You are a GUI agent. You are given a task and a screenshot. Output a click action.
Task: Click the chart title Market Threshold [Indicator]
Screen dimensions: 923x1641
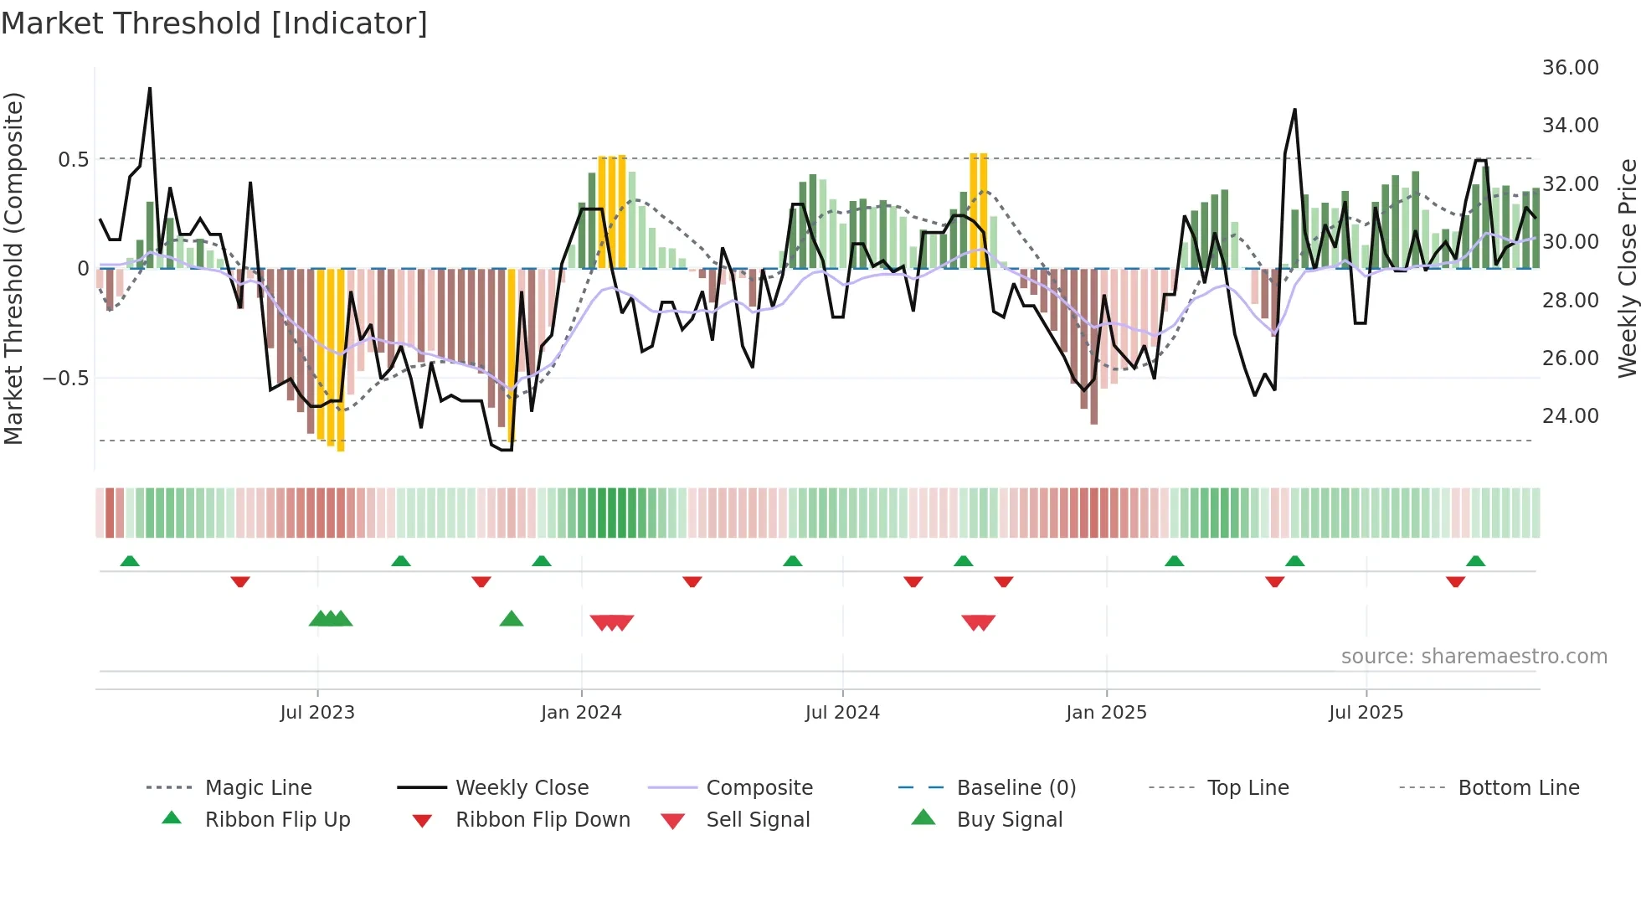(214, 23)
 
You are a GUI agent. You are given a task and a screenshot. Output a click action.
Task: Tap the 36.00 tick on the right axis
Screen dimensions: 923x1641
(1570, 68)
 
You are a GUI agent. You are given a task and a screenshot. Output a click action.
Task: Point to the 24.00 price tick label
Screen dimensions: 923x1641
(1570, 416)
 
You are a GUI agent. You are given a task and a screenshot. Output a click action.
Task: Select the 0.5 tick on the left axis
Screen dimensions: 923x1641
(73, 159)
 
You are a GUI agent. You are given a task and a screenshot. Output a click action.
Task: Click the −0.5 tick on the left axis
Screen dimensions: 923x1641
(66, 379)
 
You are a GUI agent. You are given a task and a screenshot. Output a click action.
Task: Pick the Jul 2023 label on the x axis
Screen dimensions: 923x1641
(317, 713)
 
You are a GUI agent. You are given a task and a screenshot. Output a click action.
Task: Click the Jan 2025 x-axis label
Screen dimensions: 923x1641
(1106, 713)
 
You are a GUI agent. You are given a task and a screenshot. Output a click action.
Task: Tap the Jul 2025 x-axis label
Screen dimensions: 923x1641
(1366, 713)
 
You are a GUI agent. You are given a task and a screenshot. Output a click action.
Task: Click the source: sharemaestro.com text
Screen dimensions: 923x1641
(1474, 657)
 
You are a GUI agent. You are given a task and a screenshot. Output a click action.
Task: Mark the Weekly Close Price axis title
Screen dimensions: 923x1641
(1627, 268)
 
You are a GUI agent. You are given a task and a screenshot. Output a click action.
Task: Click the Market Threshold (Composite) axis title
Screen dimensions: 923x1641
(13, 268)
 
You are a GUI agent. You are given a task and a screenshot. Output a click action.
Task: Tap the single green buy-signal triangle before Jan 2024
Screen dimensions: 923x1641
(511, 619)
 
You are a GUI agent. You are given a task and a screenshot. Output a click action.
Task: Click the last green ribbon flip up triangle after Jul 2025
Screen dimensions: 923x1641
(1475, 561)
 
